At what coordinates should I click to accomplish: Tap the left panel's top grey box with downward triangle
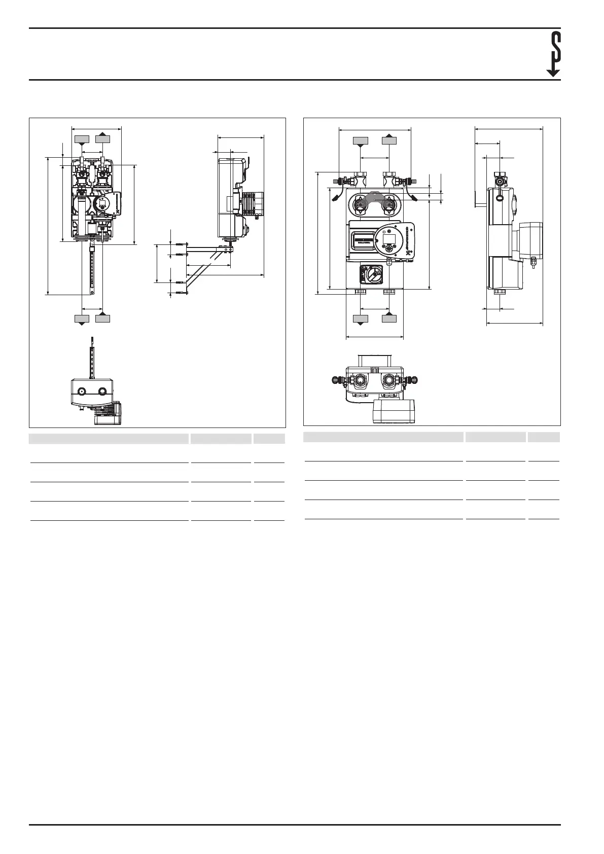click(x=82, y=139)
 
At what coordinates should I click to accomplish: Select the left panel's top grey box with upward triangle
click(x=103, y=138)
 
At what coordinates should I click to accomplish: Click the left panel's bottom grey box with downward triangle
click(x=82, y=318)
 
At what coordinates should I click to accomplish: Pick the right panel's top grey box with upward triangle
click(x=389, y=140)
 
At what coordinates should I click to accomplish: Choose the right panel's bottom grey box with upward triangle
click(x=389, y=318)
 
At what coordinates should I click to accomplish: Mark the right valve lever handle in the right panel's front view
click(x=413, y=196)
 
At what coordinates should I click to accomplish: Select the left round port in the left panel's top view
click(x=82, y=392)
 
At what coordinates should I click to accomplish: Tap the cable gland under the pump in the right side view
click(x=533, y=262)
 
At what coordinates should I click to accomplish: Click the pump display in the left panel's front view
click(x=101, y=204)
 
